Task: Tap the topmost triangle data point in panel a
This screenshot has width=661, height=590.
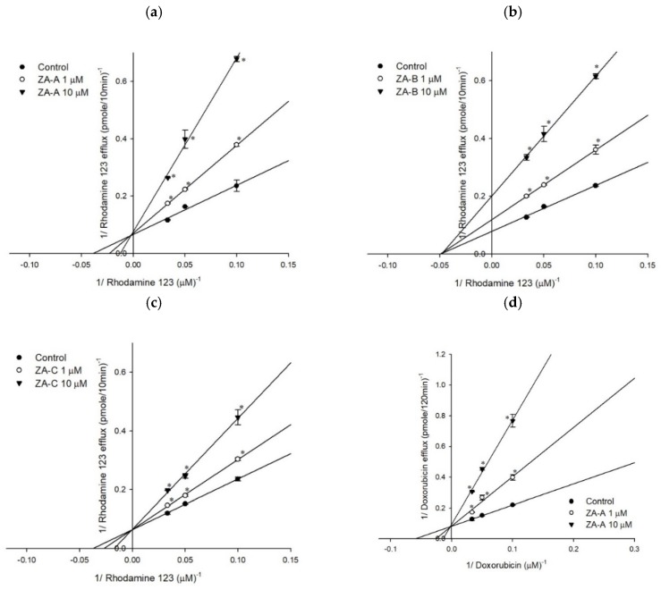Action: tap(236, 59)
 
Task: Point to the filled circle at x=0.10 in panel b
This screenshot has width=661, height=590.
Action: tap(595, 185)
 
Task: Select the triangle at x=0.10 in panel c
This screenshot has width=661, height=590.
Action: tap(237, 418)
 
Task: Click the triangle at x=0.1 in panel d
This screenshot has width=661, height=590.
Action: tap(513, 422)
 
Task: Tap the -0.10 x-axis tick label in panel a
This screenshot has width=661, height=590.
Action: tap(30, 265)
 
